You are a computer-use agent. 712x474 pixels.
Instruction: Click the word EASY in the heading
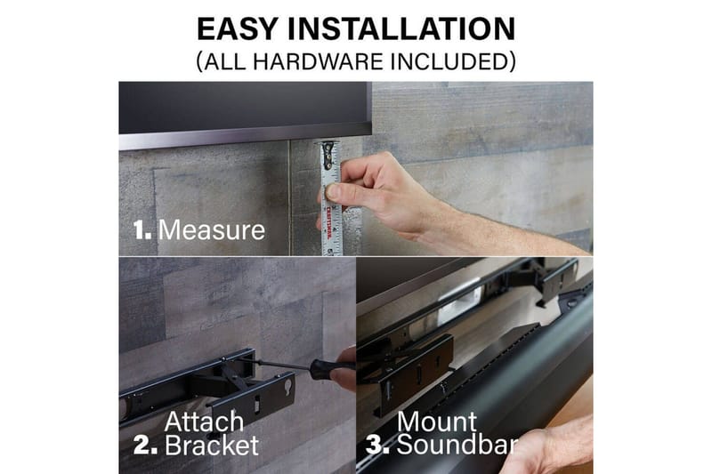[237, 28]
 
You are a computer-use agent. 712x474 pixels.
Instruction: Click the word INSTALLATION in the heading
[401, 28]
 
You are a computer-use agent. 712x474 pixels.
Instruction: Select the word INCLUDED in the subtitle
[449, 61]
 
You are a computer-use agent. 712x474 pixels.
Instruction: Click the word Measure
[212, 230]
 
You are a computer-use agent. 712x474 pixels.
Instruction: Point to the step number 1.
[142, 230]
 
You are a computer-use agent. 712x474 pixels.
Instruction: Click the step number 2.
[145, 445]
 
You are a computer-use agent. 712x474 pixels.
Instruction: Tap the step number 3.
[377, 445]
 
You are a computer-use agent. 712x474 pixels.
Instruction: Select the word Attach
[204, 422]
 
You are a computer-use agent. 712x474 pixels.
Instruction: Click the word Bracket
[212, 445]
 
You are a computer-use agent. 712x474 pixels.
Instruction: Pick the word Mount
[437, 422]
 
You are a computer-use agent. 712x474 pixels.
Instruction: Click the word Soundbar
[457, 445]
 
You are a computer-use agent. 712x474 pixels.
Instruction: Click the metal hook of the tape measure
[328, 153]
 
